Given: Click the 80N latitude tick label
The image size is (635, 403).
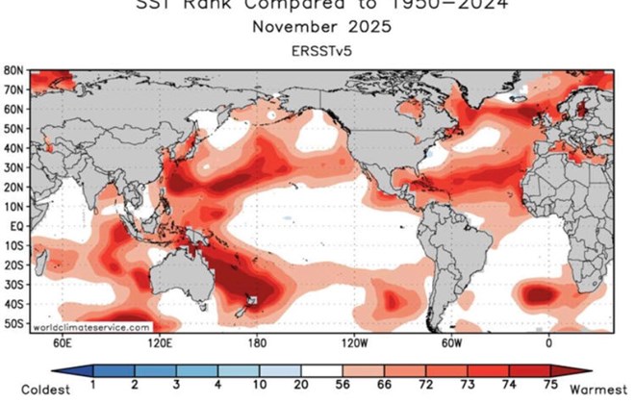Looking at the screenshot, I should pos(13,71).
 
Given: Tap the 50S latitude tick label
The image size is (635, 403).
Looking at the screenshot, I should pos(13,324).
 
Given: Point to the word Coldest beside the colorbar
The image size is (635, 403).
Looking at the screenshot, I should pos(29,389).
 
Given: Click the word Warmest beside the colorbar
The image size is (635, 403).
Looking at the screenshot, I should pos(601,389).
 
